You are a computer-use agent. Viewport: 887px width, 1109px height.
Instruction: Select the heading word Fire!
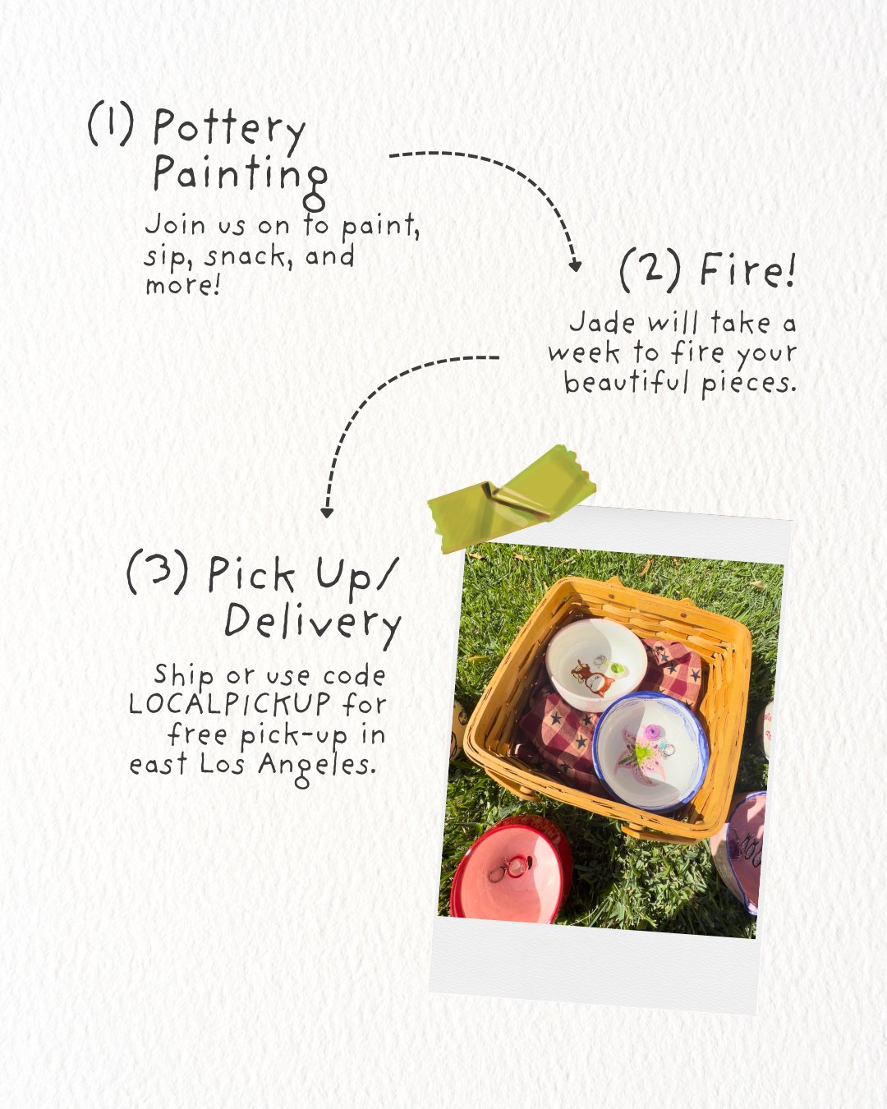747,271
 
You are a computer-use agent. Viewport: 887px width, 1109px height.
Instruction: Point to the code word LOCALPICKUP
230,704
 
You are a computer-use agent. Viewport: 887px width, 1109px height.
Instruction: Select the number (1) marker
110,124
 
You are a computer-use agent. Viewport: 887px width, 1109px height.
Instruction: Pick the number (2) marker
650,271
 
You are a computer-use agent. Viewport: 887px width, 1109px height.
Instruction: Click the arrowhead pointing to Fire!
575,265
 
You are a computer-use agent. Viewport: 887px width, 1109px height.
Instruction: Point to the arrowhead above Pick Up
327,513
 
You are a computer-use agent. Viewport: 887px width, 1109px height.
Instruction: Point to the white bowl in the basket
596,665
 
